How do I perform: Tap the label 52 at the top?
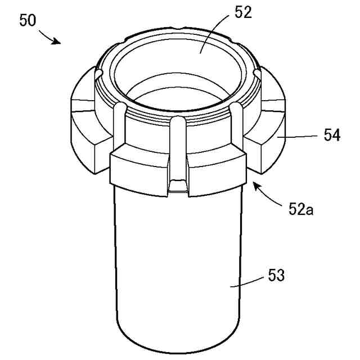pos(243,12)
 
